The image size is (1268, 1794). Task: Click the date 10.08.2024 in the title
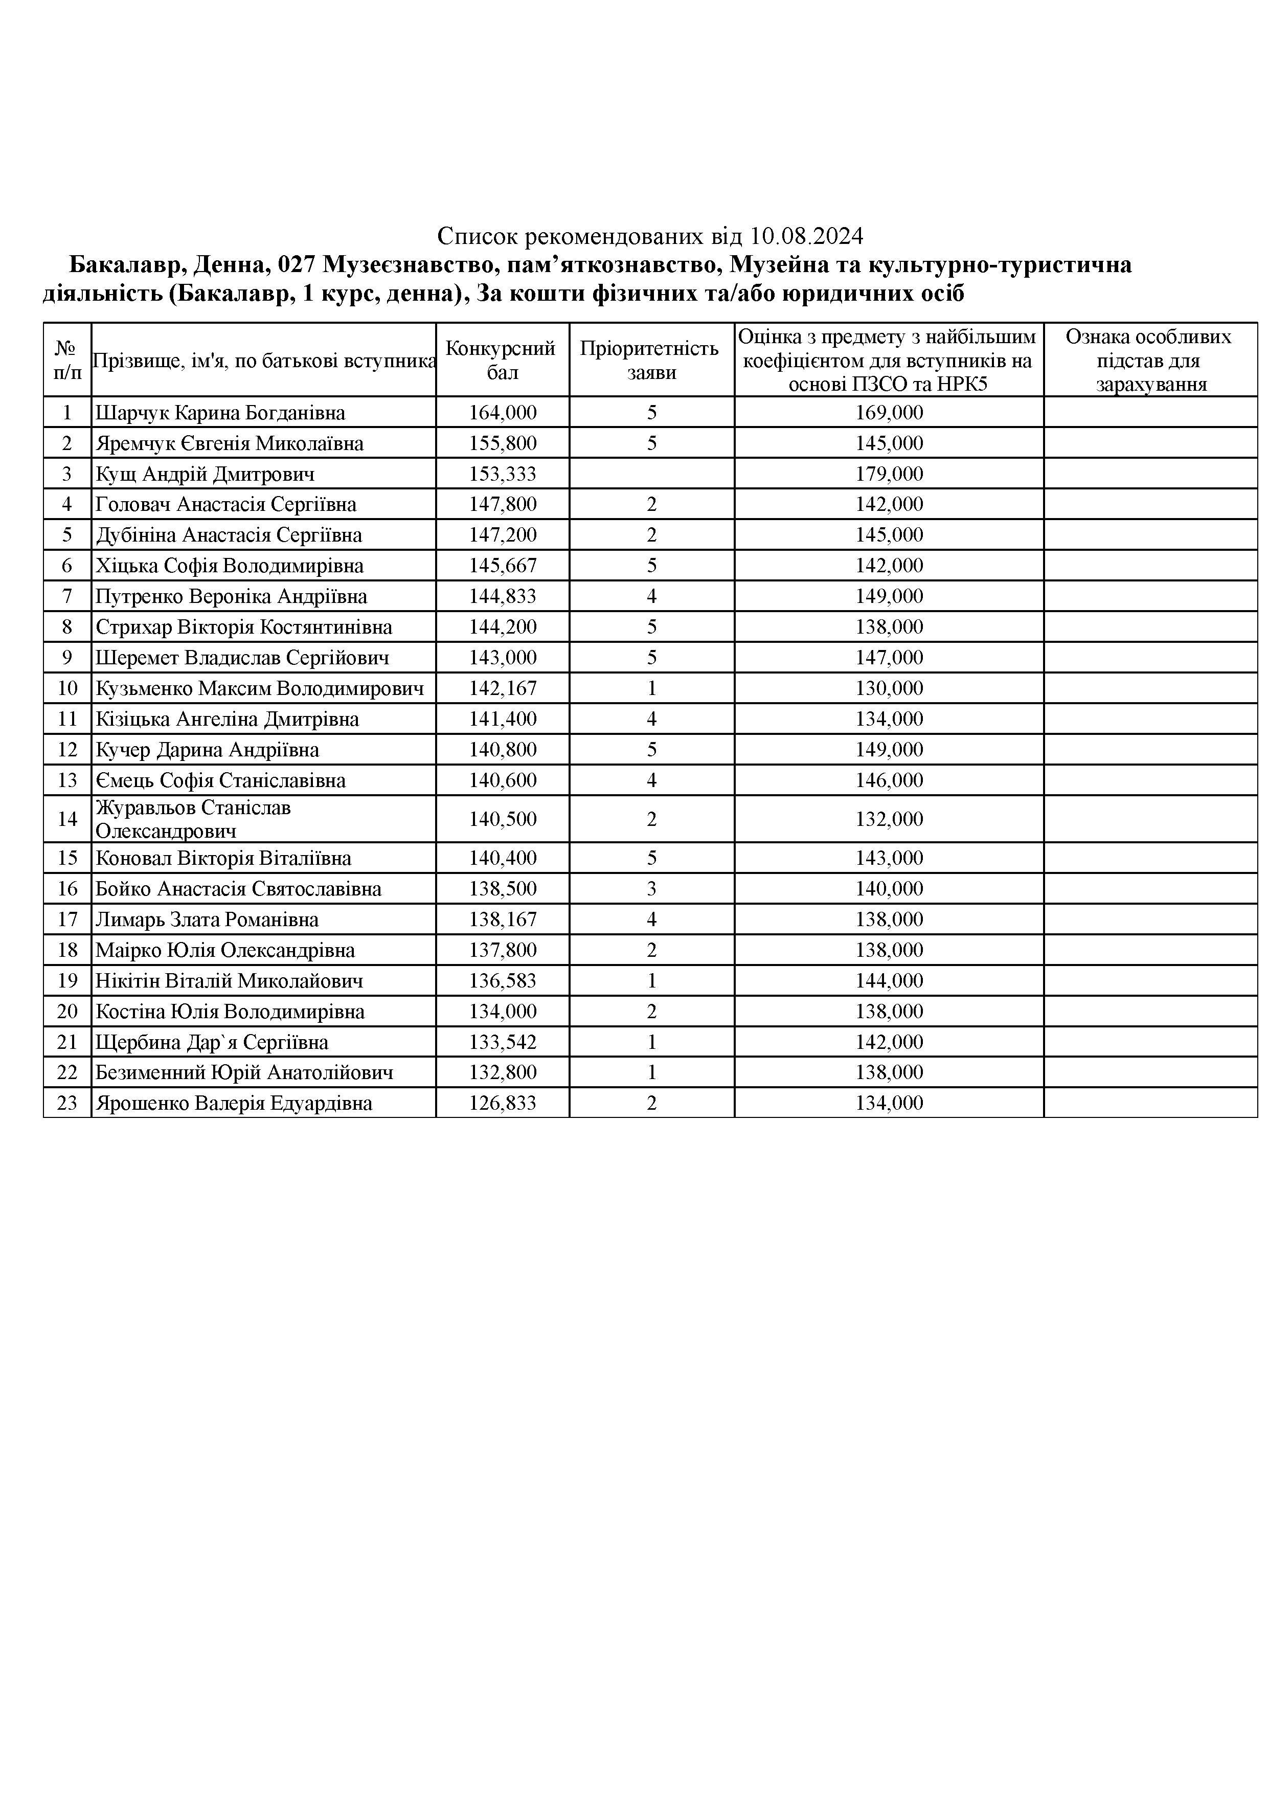pyautogui.click(x=806, y=235)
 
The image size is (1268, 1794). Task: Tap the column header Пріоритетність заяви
pyautogui.click(x=651, y=360)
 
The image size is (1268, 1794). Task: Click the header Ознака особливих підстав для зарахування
pyautogui.click(x=1150, y=360)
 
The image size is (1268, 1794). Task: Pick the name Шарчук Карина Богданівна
pyautogui.click(x=220, y=413)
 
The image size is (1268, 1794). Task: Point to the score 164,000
pyautogui.click(x=503, y=413)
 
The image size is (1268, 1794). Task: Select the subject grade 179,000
pyautogui.click(x=889, y=474)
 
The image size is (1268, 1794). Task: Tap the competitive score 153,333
pyautogui.click(x=503, y=474)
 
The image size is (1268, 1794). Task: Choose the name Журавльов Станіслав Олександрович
pyautogui.click(x=194, y=819)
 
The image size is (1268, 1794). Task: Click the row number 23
pyautogui.click(x=67, y=1103)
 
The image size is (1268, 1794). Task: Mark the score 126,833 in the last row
pyautogui.click(x=503, y=1103)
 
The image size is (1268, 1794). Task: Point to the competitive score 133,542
pyautogui.click(x=503, y=1042)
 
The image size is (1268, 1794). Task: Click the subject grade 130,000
pyautogui.click(x=889, y=688)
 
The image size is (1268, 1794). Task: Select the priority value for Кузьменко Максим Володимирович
pyautogui.click(x=651, y=688)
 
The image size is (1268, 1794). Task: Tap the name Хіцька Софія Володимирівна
pyautogui.click(x=230, y=566)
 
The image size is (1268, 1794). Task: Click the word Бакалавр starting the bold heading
pyautogui.click(x=123, y=265)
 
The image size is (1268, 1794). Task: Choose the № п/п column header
pyautogui.click(x=67, y=360)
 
